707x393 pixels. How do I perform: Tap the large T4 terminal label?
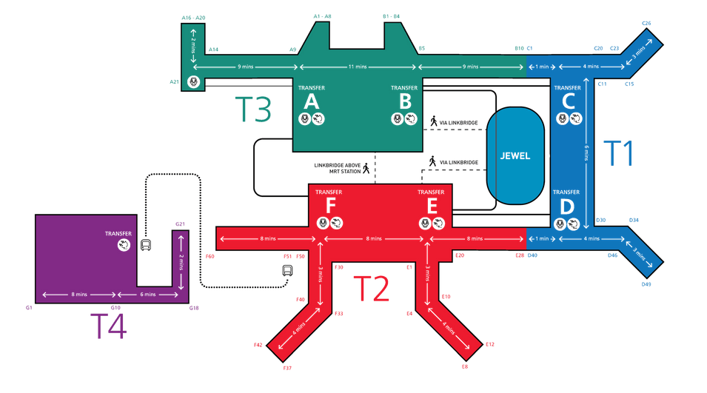[108, 326]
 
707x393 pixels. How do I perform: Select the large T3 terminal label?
[252, 109]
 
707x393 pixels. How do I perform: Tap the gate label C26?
[646, 24]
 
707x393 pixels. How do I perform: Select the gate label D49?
[646, 285]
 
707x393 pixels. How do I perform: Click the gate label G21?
[180, 224]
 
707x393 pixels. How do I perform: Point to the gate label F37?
[288, 368]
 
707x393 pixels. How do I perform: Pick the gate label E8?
[465, 366]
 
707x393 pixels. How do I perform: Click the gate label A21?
[175, 81]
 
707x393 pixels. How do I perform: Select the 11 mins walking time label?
[358, 67]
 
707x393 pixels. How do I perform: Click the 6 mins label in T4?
[148, 295]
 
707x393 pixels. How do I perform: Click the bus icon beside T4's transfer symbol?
[147, 246]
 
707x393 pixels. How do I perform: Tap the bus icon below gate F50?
[287, 271]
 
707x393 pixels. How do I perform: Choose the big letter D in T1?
[566, 207]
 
